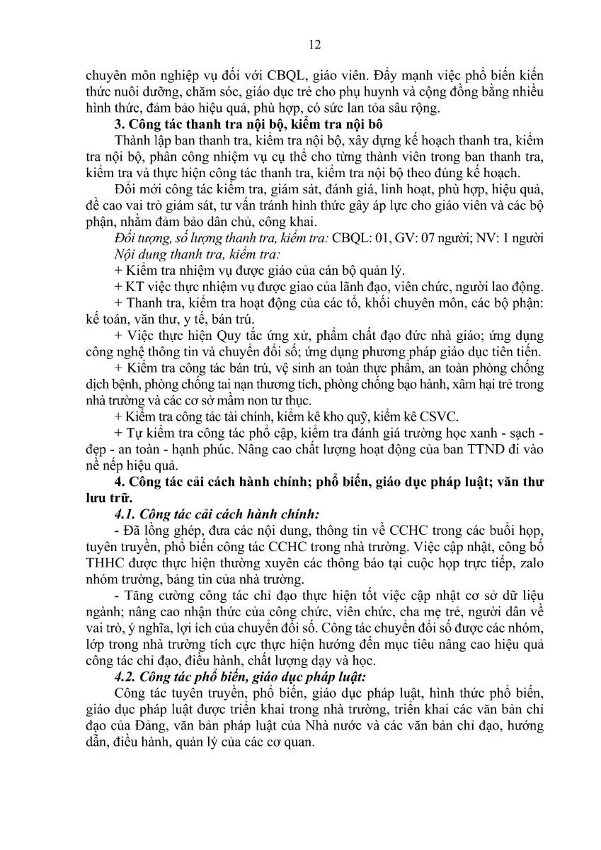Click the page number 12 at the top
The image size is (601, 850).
316,45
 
